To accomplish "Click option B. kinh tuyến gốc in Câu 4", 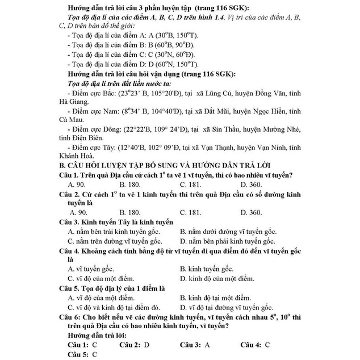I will pos(207,267).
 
